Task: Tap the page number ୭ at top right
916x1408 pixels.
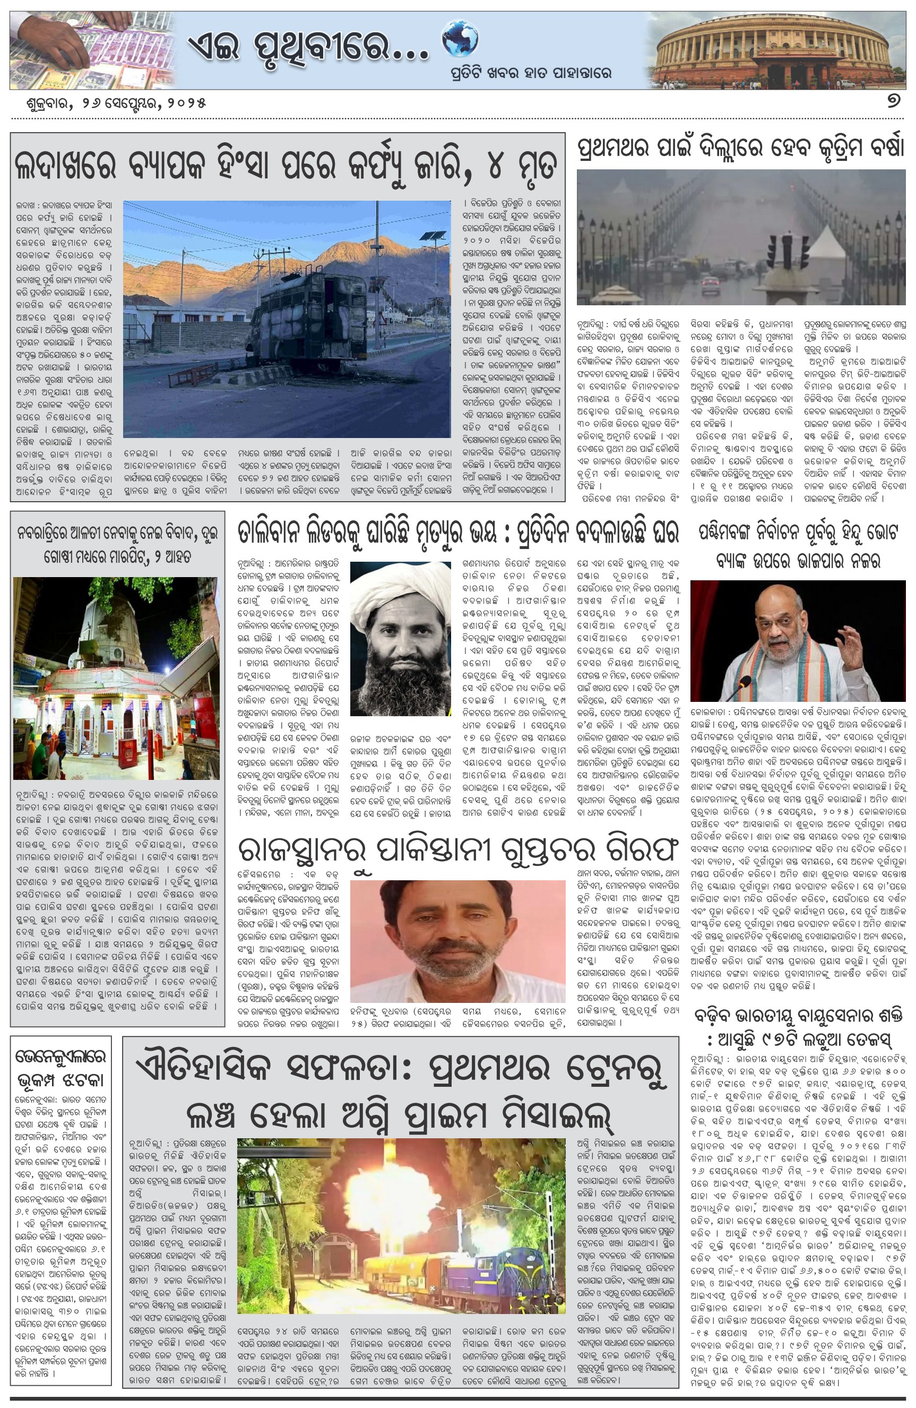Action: pos(893,102)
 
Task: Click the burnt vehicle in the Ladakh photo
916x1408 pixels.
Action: pos(314,320)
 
